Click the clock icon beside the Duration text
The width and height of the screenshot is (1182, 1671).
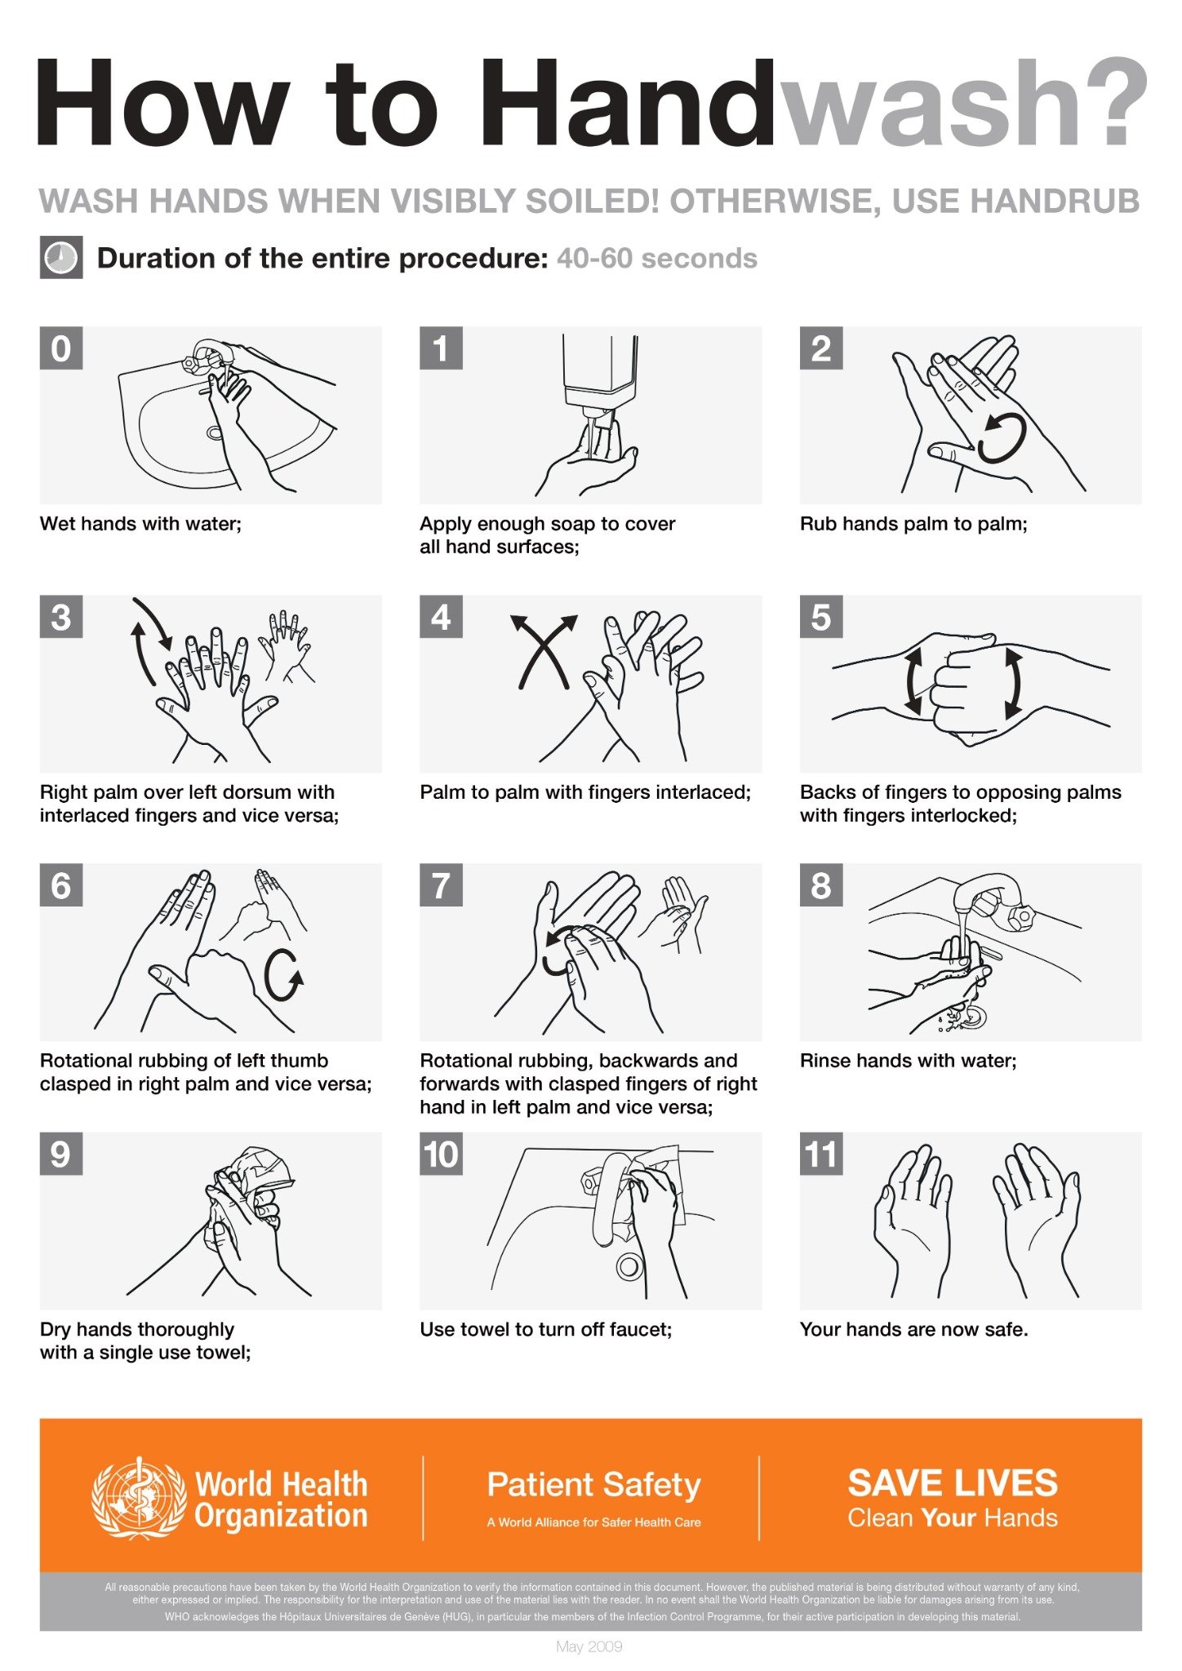(61, 258)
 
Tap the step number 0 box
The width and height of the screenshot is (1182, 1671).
(61, 348)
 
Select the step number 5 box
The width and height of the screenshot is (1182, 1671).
(820, 617)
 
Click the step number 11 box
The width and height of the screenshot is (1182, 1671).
(820, 1154)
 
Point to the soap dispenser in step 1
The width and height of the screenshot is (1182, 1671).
(599, 371)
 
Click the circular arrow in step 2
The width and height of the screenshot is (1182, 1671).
(1001, 437)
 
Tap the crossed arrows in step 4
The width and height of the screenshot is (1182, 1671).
(543, 651)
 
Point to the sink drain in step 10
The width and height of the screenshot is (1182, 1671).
(629, 1267)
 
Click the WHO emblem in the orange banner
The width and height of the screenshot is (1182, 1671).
(139, 1499)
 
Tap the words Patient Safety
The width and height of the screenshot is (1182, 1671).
(593, 1484)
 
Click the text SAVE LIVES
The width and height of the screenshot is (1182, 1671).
(952, 1483)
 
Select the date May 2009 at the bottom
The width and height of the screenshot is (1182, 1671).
(589, 1647)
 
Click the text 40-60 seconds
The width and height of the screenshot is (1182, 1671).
(656, 259)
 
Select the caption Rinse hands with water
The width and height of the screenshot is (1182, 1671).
(908, 1061)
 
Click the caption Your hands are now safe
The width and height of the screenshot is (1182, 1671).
(913, 1329)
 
